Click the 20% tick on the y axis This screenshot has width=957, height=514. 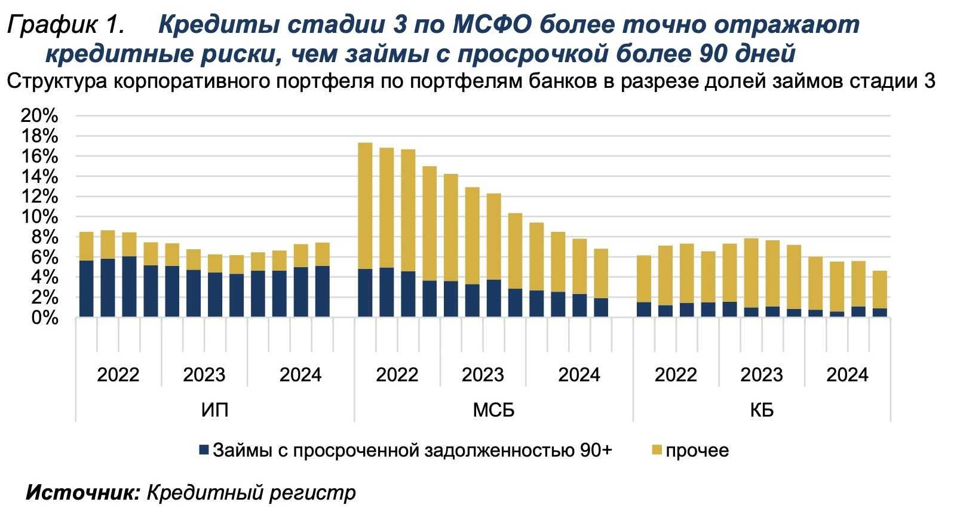(39, 116)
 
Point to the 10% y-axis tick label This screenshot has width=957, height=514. (39, 217)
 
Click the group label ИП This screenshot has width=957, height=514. (214, 411)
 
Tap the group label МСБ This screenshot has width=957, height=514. (493, 411)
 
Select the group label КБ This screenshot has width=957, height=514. (762, 411)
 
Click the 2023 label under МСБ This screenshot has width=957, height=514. (483, 375)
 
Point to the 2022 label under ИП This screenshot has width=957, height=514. (118, 375)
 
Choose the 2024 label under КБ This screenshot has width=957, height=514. (847, 375)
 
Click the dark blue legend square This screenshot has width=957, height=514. (204, 450)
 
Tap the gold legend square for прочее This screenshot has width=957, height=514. (657, 450)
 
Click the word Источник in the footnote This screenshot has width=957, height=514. (82, 492)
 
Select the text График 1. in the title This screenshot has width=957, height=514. (66, 25)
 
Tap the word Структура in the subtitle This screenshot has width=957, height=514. (57, 81)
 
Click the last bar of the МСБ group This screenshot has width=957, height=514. (601, 282)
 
